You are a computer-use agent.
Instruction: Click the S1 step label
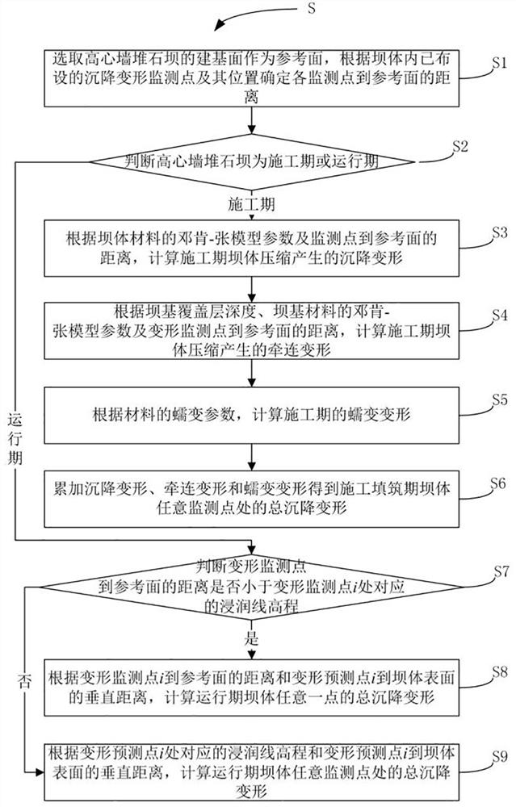pos(498,62)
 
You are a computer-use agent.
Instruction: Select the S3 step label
pos(497,232)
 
